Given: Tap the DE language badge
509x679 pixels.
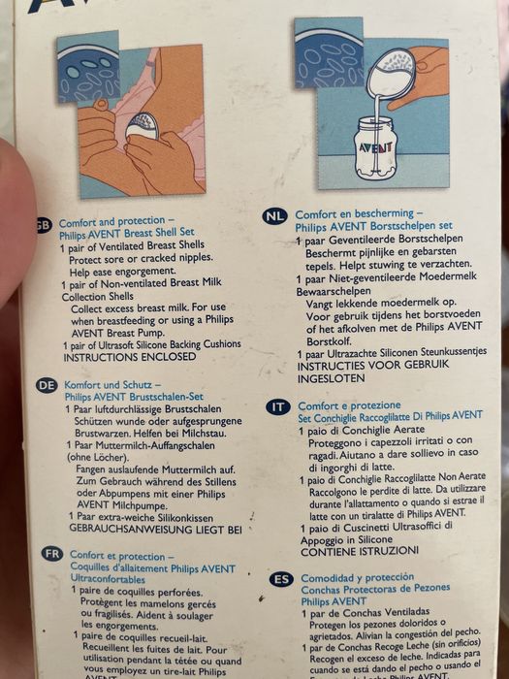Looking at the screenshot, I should tap(47, 385).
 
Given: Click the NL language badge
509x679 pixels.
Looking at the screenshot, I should tap(275, 216).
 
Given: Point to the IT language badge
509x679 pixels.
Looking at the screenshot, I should tap(279, 406).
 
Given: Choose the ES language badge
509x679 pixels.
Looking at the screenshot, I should tap(281, 579).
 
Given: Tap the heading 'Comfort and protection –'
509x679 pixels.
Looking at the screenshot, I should tap(116, 221).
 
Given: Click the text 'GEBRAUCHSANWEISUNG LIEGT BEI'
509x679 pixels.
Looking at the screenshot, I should tap(152, 530).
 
